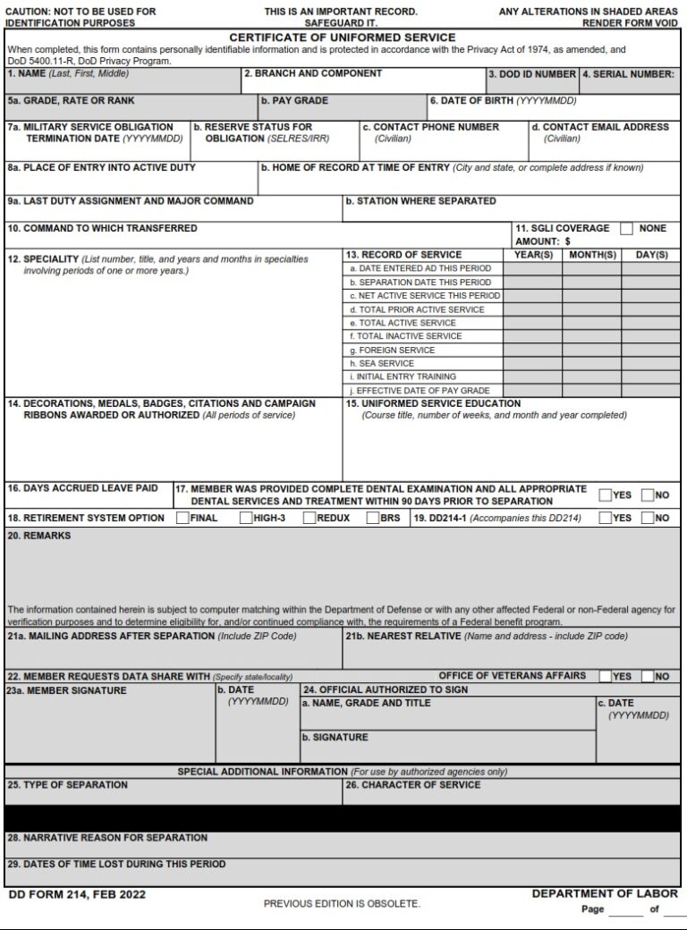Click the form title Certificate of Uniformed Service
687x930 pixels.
point(343,38)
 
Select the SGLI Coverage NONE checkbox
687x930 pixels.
point(626,228)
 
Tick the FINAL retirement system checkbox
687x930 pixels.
point(182,518)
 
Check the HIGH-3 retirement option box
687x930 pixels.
point(246,518)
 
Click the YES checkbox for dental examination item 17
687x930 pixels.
point(606,495)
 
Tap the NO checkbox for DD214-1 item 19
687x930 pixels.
point(648,518)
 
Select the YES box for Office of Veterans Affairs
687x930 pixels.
point(606,676)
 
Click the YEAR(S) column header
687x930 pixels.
point(533,255)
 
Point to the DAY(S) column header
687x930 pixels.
point(650,255)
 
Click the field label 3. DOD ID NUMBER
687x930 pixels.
point(531,74)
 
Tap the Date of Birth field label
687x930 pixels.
point(503,101)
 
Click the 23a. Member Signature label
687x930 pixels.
point(67,690)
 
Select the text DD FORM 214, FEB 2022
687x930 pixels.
point(76,894)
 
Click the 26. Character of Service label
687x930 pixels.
point(413,785)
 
